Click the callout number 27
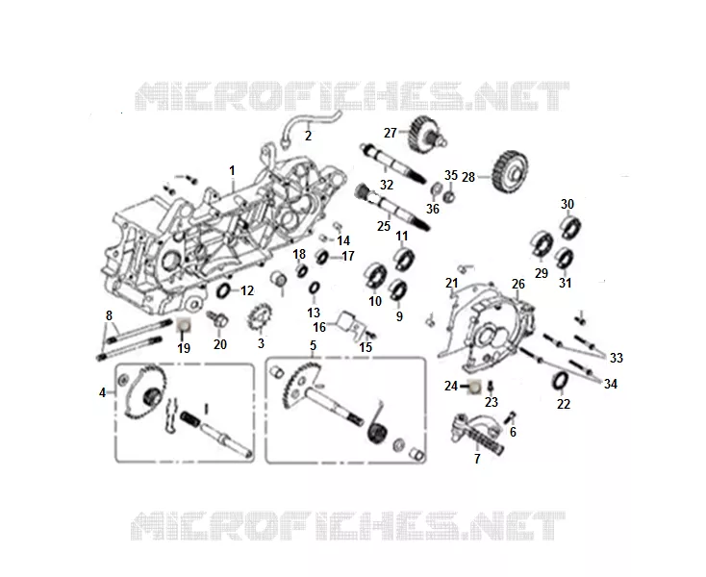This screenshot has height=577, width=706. point(390,133)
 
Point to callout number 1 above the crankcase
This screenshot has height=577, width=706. point(232,171)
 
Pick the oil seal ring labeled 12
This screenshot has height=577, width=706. point(223,290)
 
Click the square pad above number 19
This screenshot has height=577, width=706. point(184,325)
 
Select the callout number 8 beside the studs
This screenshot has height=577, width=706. point(109,315)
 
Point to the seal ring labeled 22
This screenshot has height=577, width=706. point(560,381)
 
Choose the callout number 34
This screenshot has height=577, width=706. point(610,384)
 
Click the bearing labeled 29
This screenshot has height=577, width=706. point(541,245)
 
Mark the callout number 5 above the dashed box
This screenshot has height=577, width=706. point(313,345)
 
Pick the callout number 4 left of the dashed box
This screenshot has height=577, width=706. point(102,393)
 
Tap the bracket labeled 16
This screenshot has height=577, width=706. point(351,323)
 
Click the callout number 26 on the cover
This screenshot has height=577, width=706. point(518,284)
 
